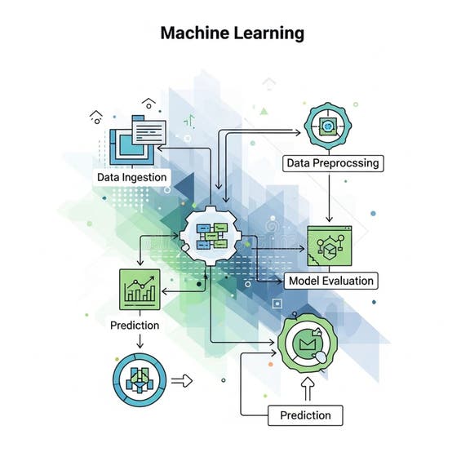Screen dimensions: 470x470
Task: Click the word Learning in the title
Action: click(x=267, y=33)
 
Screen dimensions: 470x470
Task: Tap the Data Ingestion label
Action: click(x=131, y=176)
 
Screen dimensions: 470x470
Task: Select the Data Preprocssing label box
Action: click(x=333, y=162)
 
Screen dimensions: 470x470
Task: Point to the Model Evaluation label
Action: click(x=330, y=281)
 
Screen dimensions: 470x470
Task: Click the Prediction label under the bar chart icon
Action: click(x=135, y=325)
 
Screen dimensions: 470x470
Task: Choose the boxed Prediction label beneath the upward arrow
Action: click(x=304, y=415)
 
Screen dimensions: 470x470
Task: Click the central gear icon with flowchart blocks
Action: click(x=215, y=236)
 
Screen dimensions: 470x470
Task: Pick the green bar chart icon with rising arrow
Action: click(x=140, y=288)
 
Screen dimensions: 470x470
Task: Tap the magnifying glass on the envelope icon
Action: click(x=318, y=357)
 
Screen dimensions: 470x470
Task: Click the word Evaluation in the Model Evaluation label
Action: click(x=349, y=281)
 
